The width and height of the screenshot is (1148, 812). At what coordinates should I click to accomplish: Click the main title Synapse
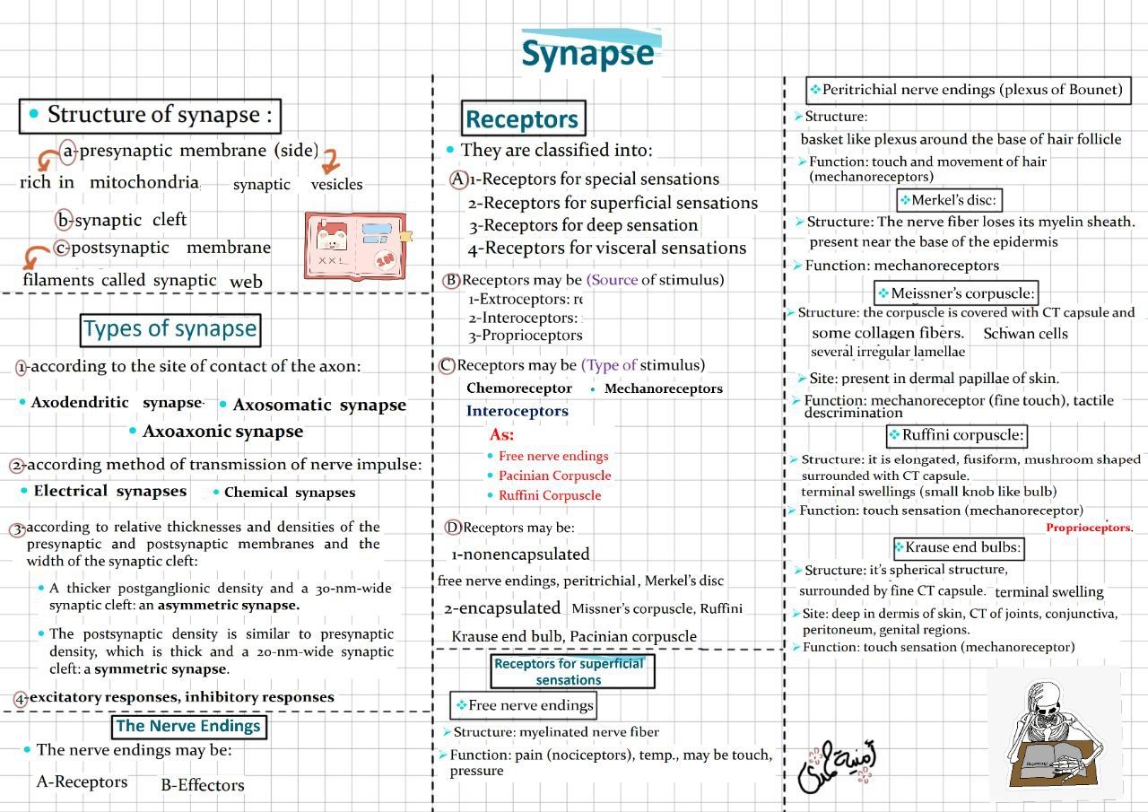(587, 54)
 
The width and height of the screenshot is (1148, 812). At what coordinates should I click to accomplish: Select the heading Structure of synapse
(151, 116)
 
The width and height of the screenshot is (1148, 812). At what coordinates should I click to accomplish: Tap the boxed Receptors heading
(522, 119)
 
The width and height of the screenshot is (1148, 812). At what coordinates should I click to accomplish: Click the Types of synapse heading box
(170, 329)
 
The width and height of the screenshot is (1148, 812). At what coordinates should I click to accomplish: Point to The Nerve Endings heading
(188, 726)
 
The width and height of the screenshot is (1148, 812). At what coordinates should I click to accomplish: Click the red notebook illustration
(356, 247)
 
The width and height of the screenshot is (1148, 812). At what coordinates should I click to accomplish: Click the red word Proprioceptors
(1089, 528)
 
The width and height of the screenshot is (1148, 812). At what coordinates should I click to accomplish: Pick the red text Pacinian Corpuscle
(554, 476)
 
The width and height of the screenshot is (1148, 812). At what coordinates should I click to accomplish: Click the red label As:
(502, 434)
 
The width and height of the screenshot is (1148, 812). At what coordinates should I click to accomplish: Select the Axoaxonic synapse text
(222, 432)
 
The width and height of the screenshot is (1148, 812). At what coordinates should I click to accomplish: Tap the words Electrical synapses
(109, 492)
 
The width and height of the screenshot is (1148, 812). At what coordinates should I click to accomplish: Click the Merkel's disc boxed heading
(950, 200)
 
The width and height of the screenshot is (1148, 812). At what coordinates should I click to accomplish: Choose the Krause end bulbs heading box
(958, 547)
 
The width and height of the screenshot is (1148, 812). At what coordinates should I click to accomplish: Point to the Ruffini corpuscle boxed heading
(956, 436)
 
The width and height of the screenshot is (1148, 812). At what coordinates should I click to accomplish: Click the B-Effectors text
(203, 785)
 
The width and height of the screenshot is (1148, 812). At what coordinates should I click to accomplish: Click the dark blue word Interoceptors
(517, 411)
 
